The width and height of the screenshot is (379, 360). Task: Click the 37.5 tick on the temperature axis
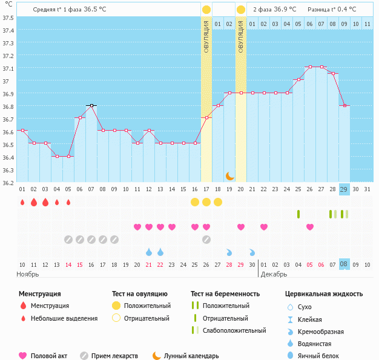[x=8, y=17]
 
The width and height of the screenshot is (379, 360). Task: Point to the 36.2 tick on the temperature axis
[x=8, y=182]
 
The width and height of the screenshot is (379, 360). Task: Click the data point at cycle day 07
[x=91, y=105]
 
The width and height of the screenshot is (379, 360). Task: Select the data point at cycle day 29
[x=344, y=105]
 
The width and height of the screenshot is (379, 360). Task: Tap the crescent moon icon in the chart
[x=230, y=175]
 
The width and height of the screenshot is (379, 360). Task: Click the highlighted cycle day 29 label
[x=344, y=189]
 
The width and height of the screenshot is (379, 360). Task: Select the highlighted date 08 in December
[x=344, y=264]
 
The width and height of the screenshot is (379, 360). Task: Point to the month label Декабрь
[x=275, y=274]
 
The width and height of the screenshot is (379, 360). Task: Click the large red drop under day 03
[x=45, y=202]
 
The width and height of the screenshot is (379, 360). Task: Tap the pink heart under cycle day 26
[x=310, y=227]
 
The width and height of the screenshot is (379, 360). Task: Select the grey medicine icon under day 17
[x=206, y=239]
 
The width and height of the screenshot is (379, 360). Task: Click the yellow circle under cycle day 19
[x=218, y=202]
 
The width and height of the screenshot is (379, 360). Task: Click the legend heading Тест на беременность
[x=225, y=294]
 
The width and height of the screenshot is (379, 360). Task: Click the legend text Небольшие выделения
[x=64, y=318]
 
